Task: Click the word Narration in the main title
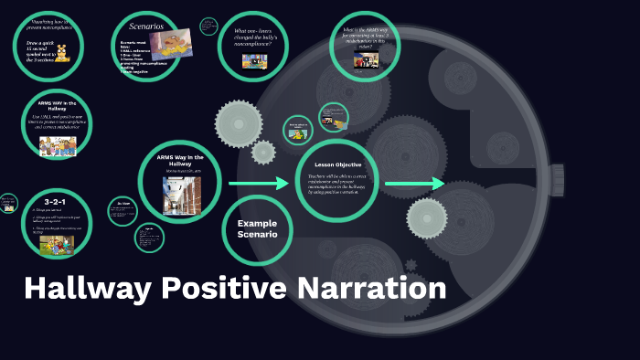coord(370,289)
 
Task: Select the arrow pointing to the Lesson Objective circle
coord(259,184)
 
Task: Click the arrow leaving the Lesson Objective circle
coord(413,184)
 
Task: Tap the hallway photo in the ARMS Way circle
coord(181,196)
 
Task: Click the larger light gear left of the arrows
coord(239,120)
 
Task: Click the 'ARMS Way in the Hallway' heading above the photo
coord(181,160)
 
